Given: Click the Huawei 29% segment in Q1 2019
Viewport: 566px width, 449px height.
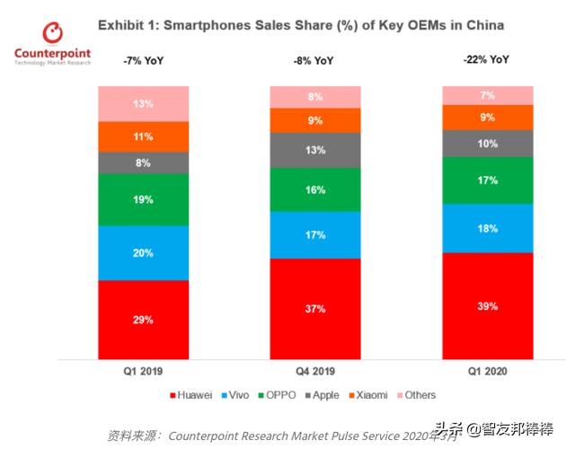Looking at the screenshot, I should [143, 320].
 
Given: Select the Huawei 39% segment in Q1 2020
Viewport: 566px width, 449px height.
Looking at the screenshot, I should [487, 306].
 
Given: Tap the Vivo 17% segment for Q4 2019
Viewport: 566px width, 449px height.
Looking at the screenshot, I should [314, 235].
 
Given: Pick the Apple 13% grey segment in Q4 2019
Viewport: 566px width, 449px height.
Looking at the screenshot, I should [314, 151].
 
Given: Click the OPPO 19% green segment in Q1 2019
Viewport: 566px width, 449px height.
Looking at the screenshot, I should [143, 199].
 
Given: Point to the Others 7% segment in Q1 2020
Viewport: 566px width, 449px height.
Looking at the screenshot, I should [487, 95].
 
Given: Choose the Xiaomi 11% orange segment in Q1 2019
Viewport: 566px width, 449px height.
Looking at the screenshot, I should [143, 136].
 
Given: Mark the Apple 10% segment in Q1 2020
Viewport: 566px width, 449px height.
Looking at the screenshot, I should [487, 144].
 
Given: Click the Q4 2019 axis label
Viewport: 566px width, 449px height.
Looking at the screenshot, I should [314, 369].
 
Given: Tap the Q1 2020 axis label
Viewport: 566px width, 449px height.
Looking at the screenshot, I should [487, 369].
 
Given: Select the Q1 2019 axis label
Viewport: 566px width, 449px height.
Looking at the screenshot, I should [143, 369].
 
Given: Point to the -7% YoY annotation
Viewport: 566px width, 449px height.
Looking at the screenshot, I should [144, 61].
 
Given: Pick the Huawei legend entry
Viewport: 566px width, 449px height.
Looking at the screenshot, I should [192, 395].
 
